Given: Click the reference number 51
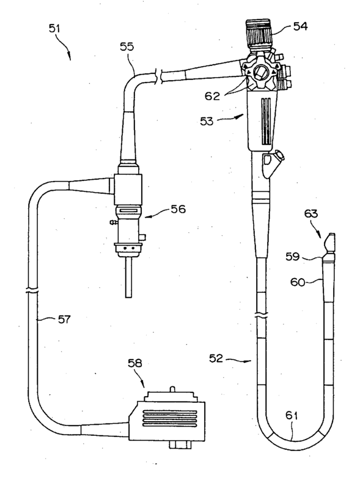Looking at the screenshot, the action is pos(54,29).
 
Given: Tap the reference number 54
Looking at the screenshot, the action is pos(301,26).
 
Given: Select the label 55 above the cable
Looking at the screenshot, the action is pos(127,46).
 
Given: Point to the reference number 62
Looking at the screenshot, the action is pos(212,96).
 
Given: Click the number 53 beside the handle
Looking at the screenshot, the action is pos(207,121).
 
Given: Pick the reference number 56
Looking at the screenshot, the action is pos(178,209).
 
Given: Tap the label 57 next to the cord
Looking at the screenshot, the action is pos(64,320).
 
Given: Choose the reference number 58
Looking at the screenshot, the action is pos(134,362).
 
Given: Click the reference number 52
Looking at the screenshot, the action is pos(216,358).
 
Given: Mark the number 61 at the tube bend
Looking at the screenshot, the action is pos(292,415).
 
